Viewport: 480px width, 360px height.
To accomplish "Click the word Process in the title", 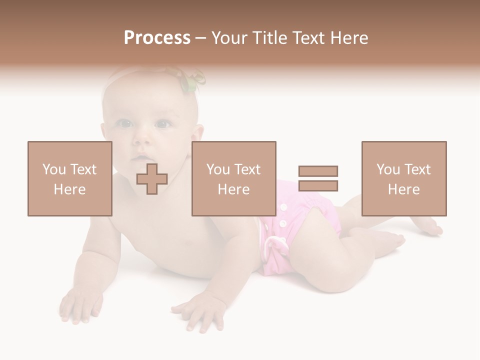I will click(x=157, y=38).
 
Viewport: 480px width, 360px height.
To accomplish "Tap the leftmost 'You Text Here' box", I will click(x=70, y=178).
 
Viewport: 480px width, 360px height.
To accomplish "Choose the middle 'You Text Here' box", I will click(x=234, y=178).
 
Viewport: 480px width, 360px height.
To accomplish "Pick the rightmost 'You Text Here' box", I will click(x=404, y=178).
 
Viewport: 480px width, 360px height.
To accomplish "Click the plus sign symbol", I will click(x=152, y=178).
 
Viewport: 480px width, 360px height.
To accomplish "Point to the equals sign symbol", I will click(x=318, y=178).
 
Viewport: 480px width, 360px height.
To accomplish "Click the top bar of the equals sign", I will click(x=318, y=171).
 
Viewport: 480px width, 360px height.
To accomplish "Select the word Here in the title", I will click(x=349, y=38).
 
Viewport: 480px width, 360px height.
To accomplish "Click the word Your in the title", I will click(x=229, y=38).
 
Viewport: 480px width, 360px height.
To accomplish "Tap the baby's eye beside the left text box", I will click(x=123, y=123).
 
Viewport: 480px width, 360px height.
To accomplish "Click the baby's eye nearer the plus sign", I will click(x=162, y=124).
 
